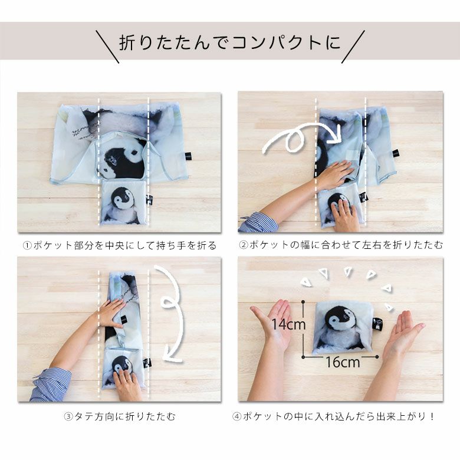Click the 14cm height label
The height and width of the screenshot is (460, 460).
tap(288, 324)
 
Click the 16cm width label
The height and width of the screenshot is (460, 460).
tap(343, 362)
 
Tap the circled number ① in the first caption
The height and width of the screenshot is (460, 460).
tap(27, 245)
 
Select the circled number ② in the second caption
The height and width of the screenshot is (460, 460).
tap(243, 245)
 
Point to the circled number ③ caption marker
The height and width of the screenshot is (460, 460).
tap(68, 416)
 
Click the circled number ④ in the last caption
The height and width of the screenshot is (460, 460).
tap(236, 416)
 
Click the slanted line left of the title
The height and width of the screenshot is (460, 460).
tap(108, 47)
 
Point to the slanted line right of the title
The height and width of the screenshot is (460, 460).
tap(353, 47)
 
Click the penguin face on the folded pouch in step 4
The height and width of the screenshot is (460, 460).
tap(341, 319)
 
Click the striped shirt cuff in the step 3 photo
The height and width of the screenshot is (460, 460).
tap(51, 385)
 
